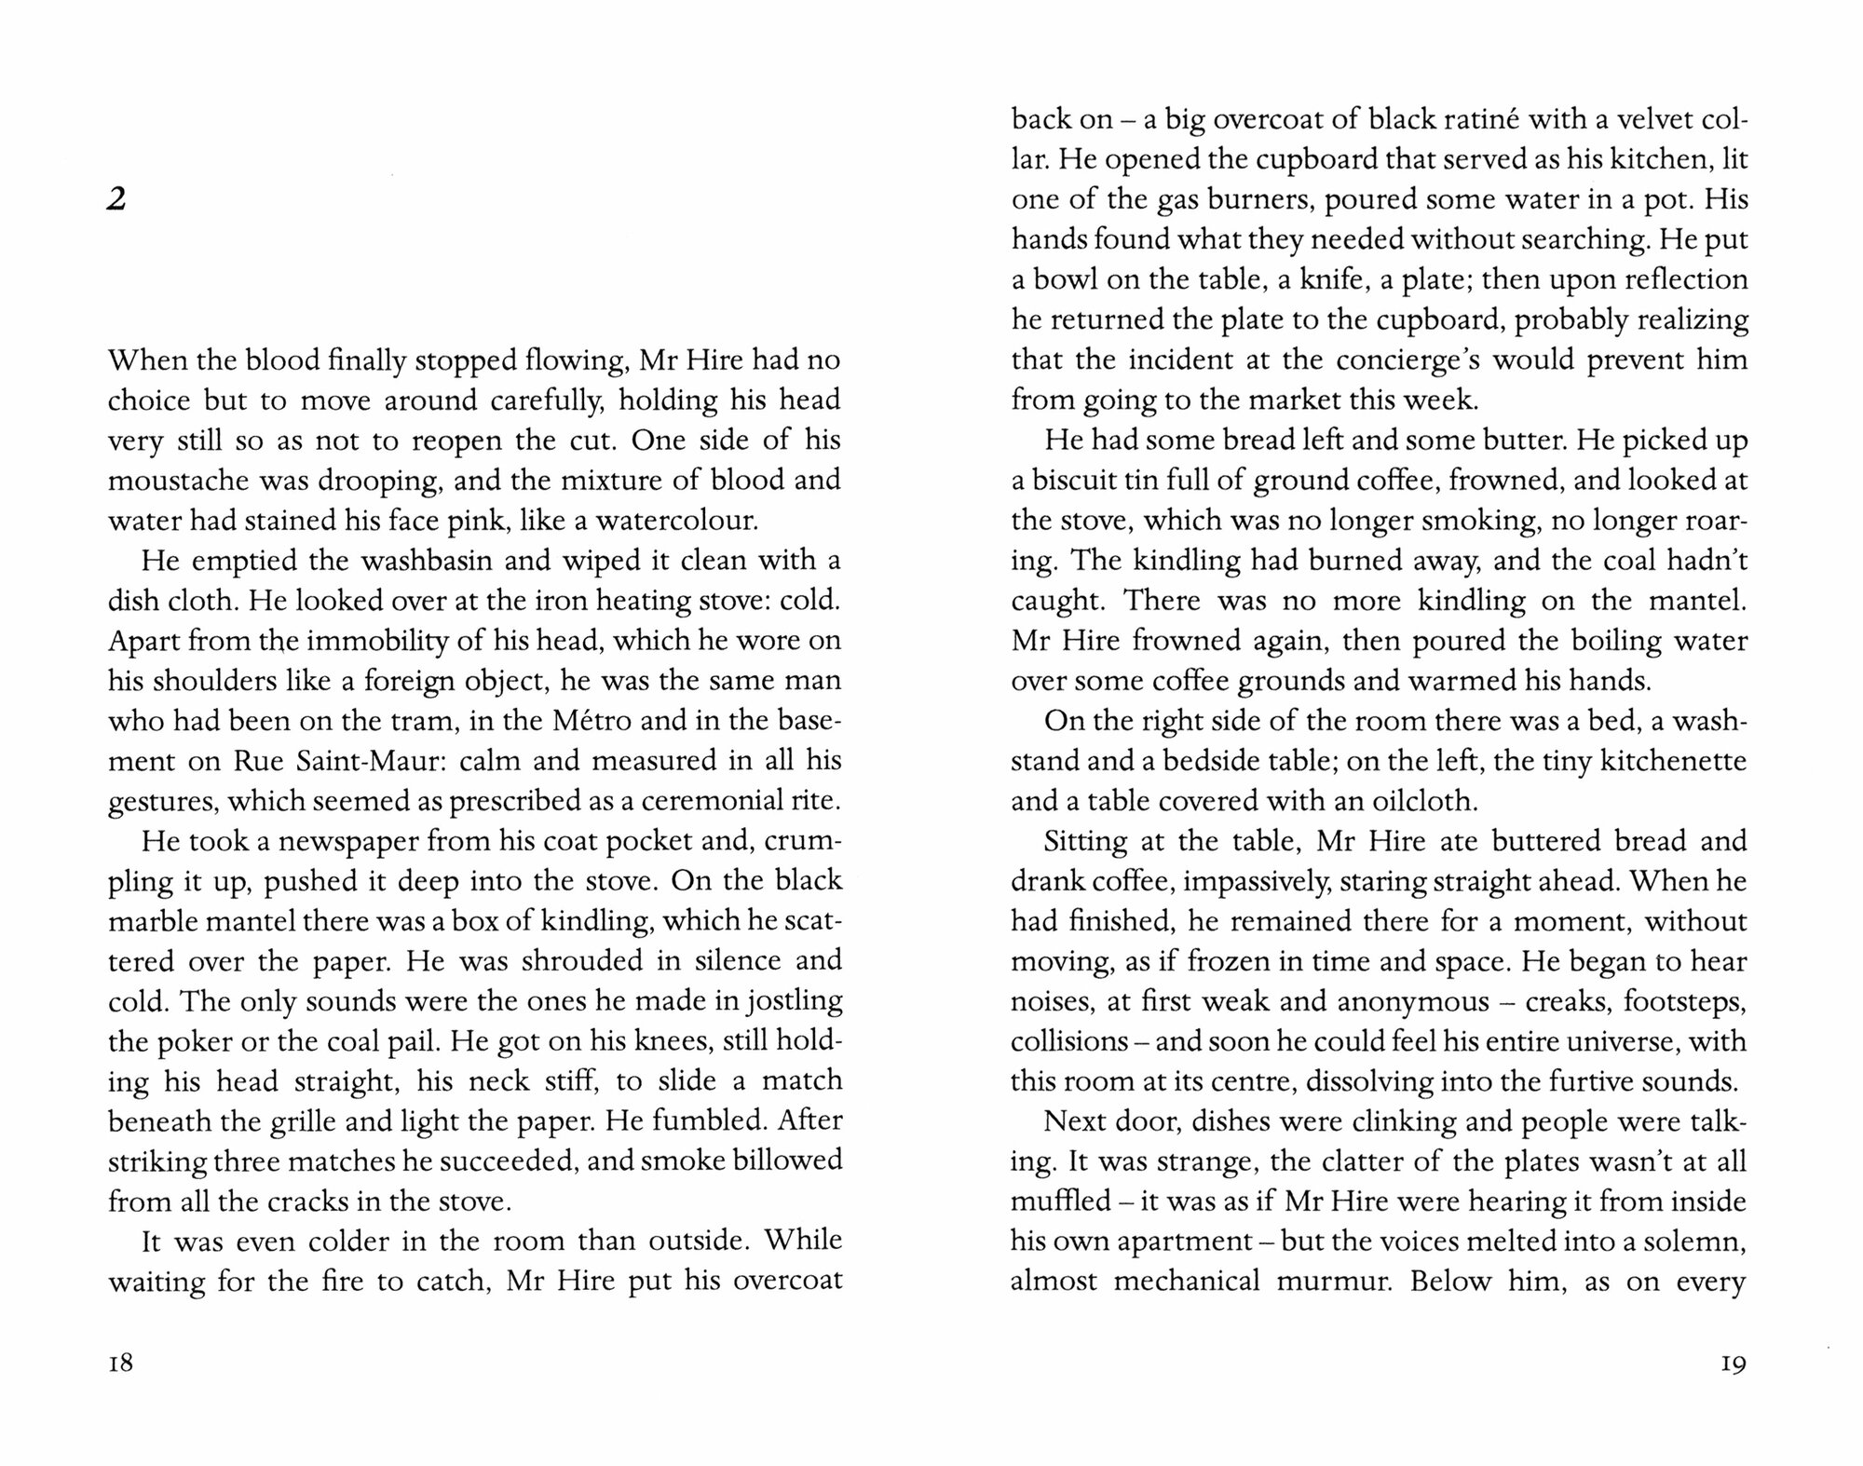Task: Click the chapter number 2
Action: click(116, 199)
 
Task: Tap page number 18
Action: click(121, 1364)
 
